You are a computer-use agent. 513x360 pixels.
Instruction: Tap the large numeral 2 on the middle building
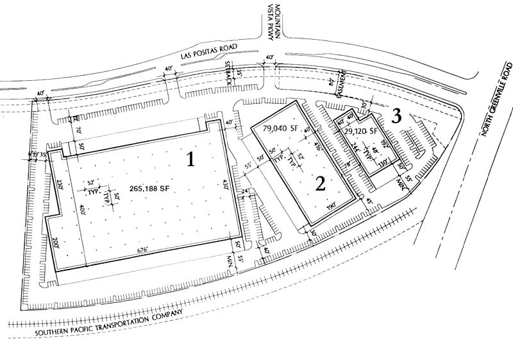coord(321,184)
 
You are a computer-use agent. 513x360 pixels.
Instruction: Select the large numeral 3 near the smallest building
coord(397,116)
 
